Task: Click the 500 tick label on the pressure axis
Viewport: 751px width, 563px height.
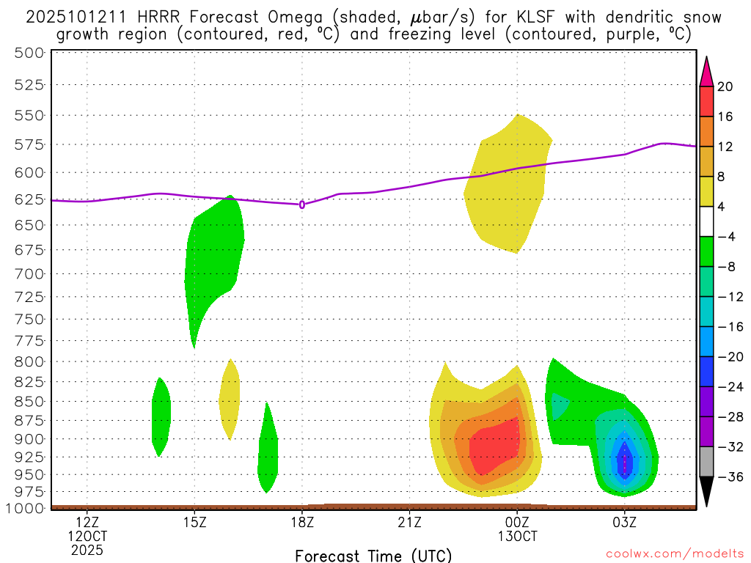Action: [29, 53]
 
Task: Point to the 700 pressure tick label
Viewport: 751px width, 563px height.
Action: [29, 273]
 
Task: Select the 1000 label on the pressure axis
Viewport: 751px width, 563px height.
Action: [25, 508]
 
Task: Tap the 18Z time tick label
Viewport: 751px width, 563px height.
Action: [302, 522]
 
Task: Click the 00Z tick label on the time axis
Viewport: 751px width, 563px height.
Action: [517, 522]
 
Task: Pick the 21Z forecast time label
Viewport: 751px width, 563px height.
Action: [409, 522]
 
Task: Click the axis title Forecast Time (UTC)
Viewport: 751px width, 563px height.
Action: [373, 556]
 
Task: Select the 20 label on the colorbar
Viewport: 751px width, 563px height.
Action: [725, 87]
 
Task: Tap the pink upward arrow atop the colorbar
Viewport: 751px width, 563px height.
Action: [706, 72]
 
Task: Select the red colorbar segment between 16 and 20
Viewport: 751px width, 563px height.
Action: [706, 101]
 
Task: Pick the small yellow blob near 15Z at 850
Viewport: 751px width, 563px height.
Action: [230, 400]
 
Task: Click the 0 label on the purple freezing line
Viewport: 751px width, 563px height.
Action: [302, 205]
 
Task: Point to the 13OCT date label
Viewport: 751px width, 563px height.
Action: [517, 535]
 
